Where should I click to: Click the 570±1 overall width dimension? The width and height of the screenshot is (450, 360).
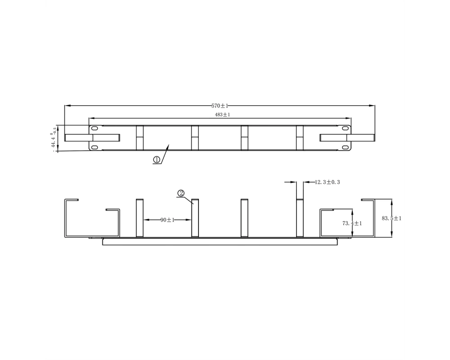coord(220,106)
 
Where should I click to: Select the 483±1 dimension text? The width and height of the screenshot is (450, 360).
coord(223,115)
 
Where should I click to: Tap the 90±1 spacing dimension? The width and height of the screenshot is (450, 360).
coord(167,220)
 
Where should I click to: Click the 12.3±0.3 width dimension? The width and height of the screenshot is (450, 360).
coord(327,182)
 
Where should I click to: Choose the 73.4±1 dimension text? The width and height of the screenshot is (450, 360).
coord(352,223)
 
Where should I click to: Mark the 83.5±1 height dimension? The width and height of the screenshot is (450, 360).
coord(391,218)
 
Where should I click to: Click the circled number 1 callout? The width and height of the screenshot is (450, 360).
coord(157,160)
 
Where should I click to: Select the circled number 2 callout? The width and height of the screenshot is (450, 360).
coord(181,193)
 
